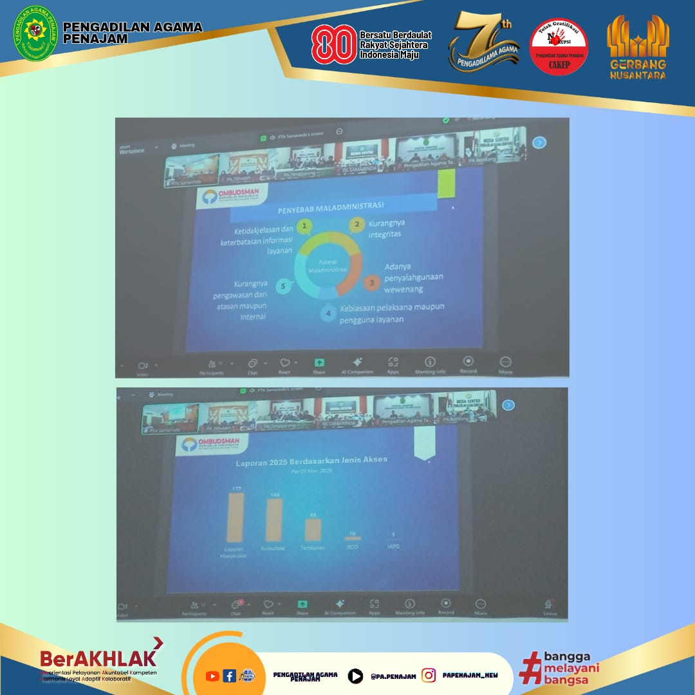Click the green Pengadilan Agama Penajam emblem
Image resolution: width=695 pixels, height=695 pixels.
click(35, 34)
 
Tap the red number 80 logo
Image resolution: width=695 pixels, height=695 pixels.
click(333, 44)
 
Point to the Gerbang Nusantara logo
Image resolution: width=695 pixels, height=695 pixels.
click(638, 46)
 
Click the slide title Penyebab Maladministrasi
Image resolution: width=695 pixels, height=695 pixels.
click(331, 207)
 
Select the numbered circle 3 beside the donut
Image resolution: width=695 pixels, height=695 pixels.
click(371, 282)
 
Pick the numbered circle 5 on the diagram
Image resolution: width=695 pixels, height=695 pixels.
click(283, 286)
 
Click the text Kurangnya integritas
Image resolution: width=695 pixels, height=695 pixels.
click(385, 229)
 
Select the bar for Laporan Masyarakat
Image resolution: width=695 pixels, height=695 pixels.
click(235, 518)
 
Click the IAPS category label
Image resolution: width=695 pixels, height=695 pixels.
click(393, 547)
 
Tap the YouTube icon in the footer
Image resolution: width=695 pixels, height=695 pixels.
click(212, 676)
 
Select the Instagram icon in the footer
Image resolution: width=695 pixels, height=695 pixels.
click(429, 675)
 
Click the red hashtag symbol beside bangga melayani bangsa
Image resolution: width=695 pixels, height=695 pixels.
click(530, 667)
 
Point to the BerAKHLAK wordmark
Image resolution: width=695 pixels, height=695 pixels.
click(98, 658)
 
